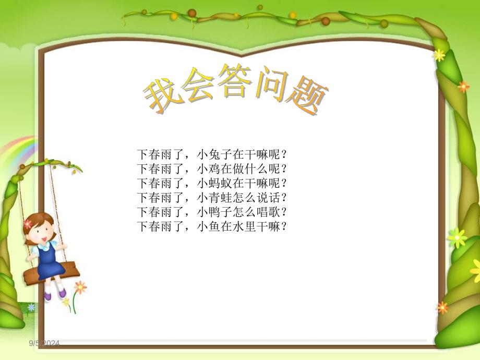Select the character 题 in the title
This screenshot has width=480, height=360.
306,98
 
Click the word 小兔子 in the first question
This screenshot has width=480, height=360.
214,154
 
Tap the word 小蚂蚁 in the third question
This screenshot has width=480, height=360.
214,184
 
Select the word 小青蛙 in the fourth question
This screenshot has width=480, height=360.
214,198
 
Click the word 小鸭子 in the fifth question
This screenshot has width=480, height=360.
214,212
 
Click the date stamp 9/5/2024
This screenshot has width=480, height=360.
44,343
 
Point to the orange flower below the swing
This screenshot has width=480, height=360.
80,286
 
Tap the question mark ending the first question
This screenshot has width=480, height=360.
284,154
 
